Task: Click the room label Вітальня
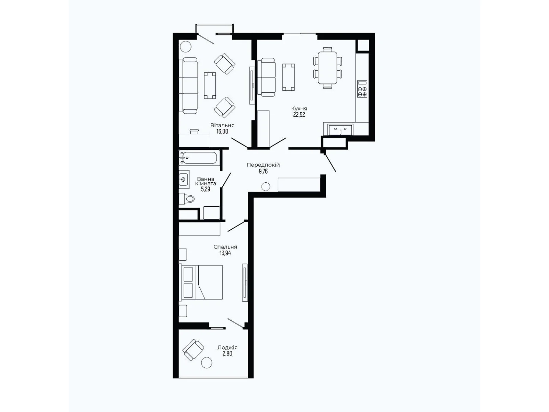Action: click(x=222, y=125)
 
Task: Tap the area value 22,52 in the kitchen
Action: click(x=299, y=115)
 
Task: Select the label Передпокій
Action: click(x=263, y=165)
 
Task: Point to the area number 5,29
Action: click(x=206, y=189)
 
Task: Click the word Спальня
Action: click(x=225, y=247)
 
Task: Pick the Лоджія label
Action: click(x=227, y=347)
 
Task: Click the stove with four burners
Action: click(x=362, y=89)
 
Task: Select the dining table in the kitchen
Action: click(x=328, y=68)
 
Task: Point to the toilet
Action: click(x=187, y=199)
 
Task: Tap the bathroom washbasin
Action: click(x=184, y=179)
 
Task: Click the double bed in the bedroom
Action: click(x=201, y=282)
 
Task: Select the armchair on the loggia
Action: click(x=193, y=350)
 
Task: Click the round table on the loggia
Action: click(x=207, y=363)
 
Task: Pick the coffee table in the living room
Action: click(x=210, y=85)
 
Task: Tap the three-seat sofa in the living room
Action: click(x=188, y=85)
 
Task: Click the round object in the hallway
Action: click(x=266, y=187)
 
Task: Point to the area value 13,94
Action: click(x=225, y=253)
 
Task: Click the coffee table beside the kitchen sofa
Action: click(x=289, y=77)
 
